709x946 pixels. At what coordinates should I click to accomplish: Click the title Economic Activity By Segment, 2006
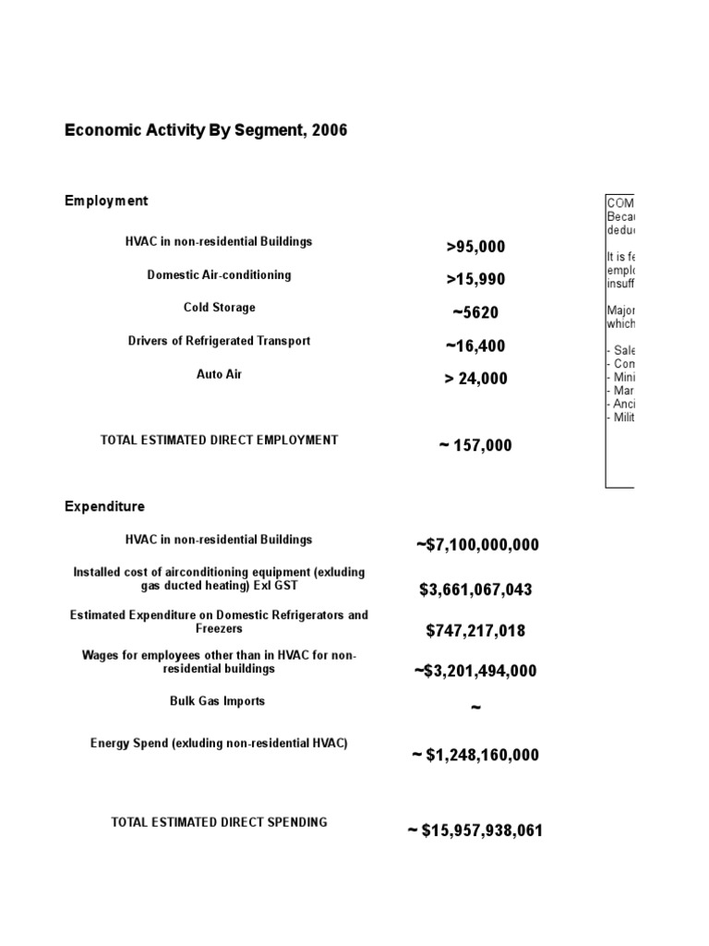[x=206, y=130]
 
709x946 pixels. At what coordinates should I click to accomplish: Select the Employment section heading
[x=106, y=200]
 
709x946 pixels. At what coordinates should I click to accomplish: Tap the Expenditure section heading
[x=104, y=506]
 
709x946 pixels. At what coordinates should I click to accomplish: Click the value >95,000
[x=475, y=247]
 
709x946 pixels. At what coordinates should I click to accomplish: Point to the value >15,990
[x=475, y=280]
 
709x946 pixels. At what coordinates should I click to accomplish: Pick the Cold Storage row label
[x=219, y=308]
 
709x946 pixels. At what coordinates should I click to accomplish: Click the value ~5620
[x=475, y=313]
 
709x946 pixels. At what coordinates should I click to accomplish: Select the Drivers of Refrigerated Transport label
[x=219, y=341]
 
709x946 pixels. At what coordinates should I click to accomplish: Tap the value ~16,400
[x=475, y=346]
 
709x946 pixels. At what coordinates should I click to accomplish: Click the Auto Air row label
[x=219, y=374]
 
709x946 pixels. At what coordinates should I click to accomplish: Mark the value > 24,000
[x=475, y=379]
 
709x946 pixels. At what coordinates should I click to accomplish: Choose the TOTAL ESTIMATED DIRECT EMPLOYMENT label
[x=219, y=441]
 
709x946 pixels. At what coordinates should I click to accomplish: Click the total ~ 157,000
[x=475, y=446]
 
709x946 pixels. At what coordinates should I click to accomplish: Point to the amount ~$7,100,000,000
[x=476, y=545]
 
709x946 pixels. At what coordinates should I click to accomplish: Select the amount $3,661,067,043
[x=475, y=590]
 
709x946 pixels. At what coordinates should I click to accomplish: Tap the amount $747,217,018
[x=475, y=631]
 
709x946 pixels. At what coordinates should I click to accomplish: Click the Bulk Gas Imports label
[x=219, y=701]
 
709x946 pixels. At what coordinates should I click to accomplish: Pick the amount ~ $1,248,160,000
[x=475, y=756]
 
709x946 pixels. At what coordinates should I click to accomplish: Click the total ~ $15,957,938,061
[x=475, y=831]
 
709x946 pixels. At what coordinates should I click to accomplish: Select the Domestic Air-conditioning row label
[x=219, y=274]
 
